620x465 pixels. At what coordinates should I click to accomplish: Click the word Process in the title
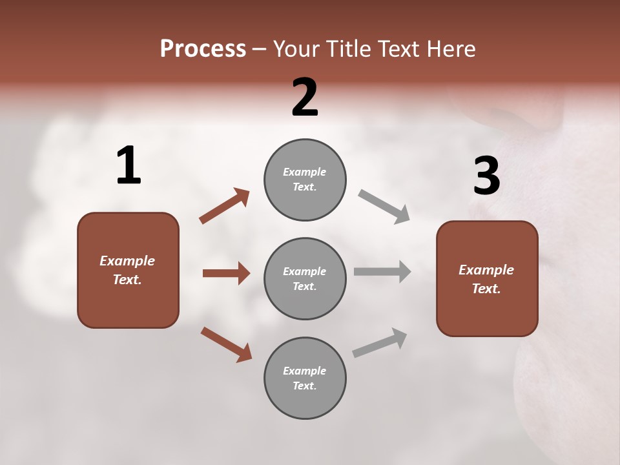pyautogui.click(x=203, y=48)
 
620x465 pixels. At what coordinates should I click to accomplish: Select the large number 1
pyautogui.click(x=129, y=166)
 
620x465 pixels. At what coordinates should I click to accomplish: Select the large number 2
pyautogui.click(x=305, y=98)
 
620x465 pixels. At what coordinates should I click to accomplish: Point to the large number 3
pyautogui.click(x=486, y=176)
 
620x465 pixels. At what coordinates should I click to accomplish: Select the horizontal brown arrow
pyautogui.click(x=226, y=273)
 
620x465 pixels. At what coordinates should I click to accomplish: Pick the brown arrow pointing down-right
pyautogui.click(x=226, y=344)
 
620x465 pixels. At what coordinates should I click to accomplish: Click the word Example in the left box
pyautogui.click(x=127, y=261)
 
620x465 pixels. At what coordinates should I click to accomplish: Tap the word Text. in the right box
pyautogui.click(x=486, y=289)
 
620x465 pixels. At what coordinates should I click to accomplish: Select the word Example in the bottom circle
pyautogui.click(x=305, y=371)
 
